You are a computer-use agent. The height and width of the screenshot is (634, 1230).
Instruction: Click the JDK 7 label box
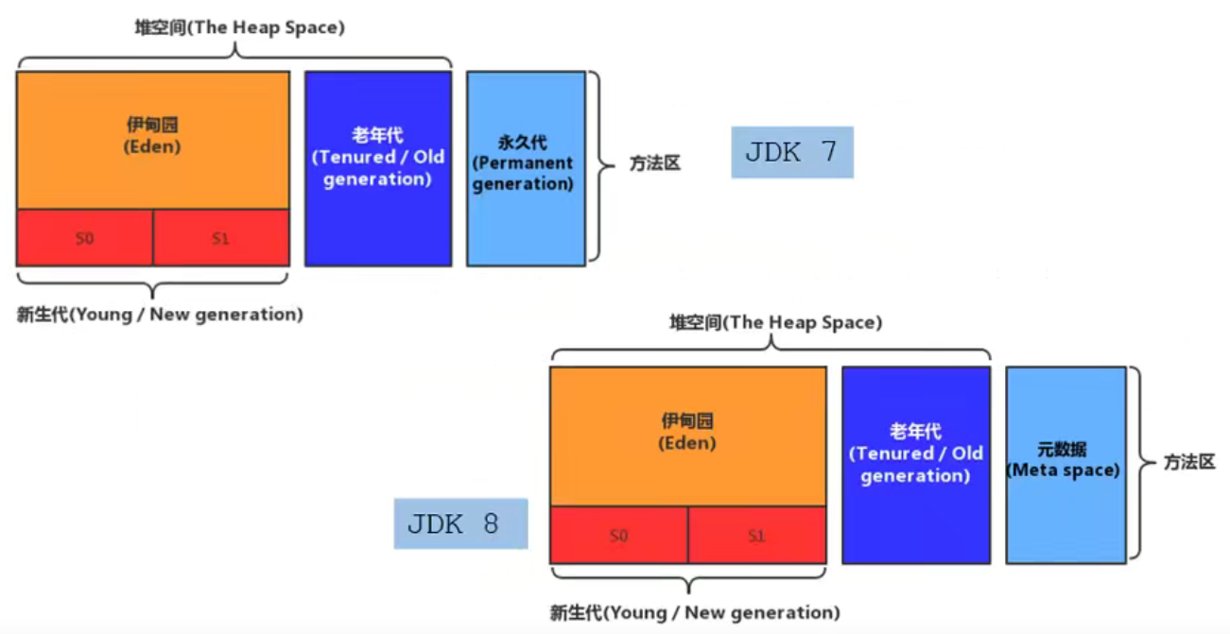point(791,152)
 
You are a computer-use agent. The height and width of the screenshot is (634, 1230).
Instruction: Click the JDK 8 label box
point(460,523)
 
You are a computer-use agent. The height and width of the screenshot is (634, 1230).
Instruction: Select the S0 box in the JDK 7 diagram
point(85,238)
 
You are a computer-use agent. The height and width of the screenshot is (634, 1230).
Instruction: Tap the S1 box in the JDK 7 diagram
point(221,238)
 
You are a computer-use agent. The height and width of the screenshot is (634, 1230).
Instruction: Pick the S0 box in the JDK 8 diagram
point(619,536)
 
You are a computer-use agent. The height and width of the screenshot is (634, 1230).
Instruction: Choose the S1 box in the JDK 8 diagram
point(756,536)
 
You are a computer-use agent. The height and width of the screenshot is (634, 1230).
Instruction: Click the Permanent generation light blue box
point(526,168)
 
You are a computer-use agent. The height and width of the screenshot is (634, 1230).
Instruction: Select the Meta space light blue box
point(1065,465)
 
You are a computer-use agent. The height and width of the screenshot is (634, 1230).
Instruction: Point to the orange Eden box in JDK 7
point(153,140)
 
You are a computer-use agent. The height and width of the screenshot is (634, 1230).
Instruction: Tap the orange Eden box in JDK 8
point(688,436)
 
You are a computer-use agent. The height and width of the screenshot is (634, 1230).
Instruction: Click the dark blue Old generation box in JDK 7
point(377,168)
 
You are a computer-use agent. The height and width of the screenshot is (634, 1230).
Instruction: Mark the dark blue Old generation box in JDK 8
point(915,465)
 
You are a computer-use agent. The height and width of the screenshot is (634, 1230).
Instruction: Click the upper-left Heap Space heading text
point(239,27)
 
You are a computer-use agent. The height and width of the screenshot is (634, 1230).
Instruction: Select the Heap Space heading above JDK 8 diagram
point(775,323)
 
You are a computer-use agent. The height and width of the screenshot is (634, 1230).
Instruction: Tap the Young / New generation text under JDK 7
point(160,315)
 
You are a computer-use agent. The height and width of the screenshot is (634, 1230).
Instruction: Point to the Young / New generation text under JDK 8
point(695,612)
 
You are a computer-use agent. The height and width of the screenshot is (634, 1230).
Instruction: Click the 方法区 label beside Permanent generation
point(655,163)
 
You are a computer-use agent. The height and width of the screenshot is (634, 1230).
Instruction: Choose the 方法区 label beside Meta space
point(1189,464)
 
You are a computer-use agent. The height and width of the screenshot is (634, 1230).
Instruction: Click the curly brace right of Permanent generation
point(596,165)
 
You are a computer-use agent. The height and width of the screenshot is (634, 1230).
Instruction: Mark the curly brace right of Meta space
point(1137,463)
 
